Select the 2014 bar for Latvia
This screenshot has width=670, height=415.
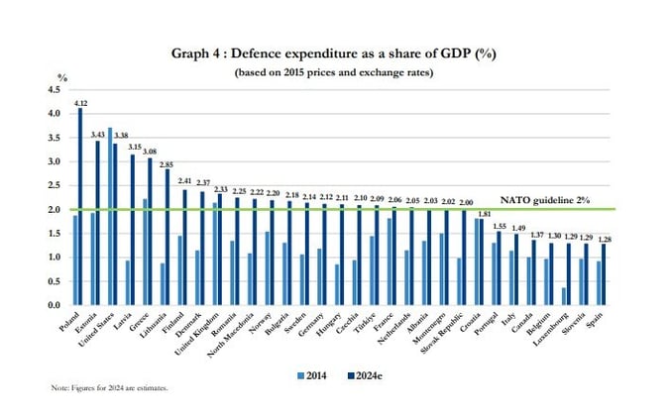point(127,282)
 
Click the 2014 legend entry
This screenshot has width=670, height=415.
point(312,373)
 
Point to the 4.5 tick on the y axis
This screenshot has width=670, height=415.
point(54,90)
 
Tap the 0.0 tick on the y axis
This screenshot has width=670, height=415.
point(54,305)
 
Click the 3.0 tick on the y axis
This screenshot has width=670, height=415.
point(54,161)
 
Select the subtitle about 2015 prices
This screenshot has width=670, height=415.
point(335,73)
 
